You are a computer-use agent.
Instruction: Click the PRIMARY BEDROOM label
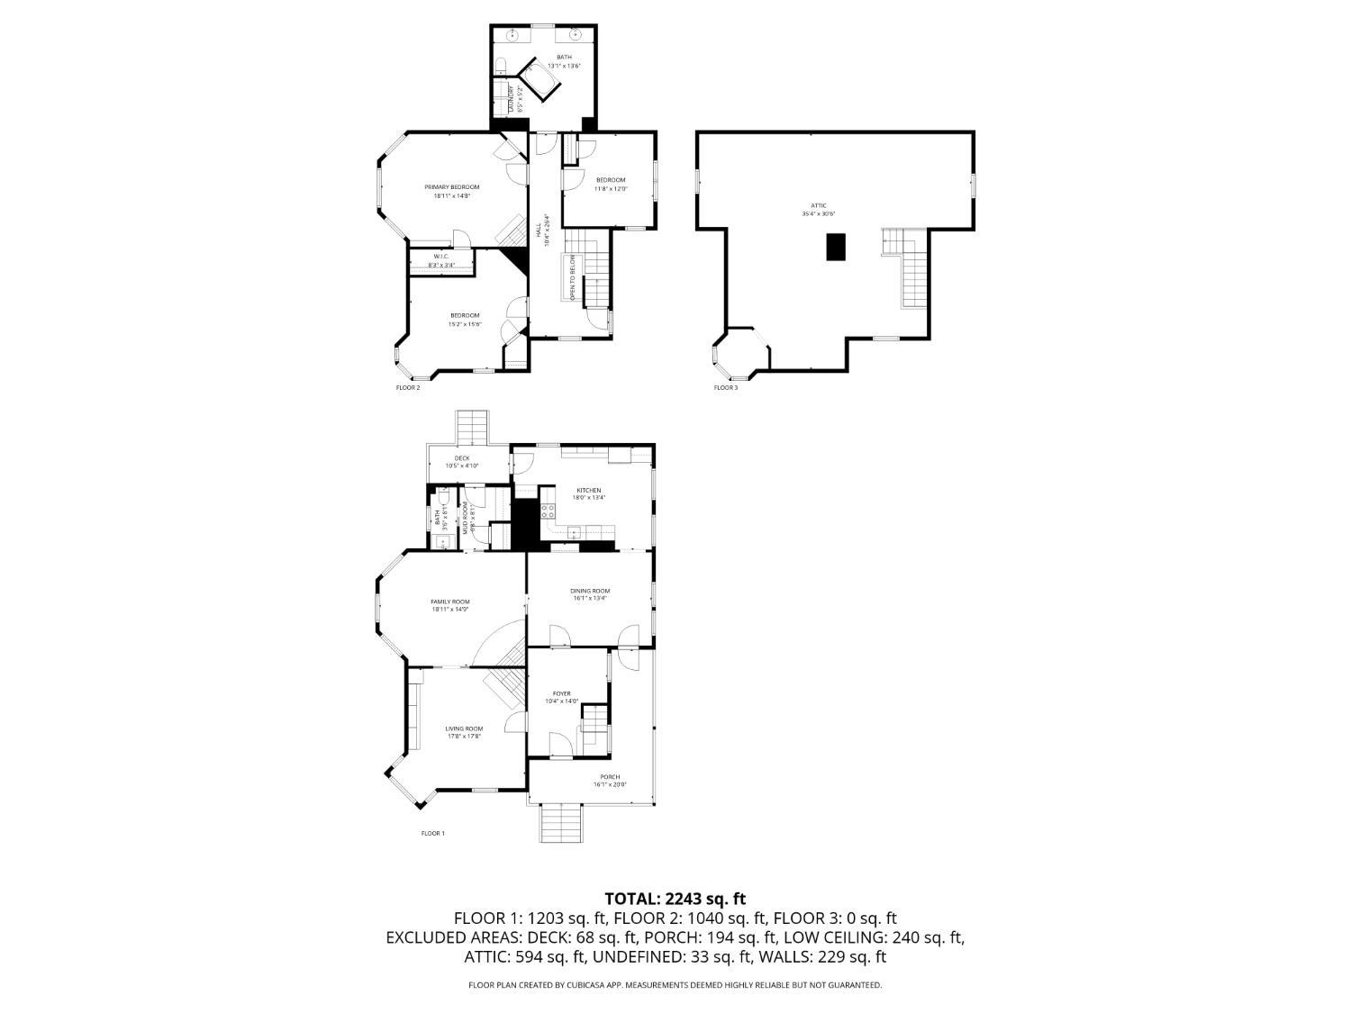click(452, 187)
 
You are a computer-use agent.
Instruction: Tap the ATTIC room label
click(819, 206)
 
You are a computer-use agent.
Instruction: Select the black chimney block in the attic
click(837, 247)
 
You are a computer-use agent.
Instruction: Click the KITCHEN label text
click(589, 491)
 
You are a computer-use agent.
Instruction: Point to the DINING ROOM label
click(590, 592)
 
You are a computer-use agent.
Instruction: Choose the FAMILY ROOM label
click(449, 602)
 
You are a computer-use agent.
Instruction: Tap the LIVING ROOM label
click(464, 729)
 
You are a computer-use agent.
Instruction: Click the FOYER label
click(562, 694)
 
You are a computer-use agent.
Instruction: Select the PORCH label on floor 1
click(610, 777)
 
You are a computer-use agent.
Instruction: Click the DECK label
click(461, 458)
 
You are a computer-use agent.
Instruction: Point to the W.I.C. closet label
click(441, 257)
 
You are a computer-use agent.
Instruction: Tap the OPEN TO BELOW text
click(572, 277)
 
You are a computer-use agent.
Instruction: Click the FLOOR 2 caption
click(408, 388)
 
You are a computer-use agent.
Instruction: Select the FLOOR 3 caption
click(725, 388)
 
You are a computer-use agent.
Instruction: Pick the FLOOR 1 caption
click(433, 834)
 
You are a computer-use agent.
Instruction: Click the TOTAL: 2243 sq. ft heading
click(675, 899)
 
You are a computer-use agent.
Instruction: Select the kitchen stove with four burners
click(548, 511)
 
